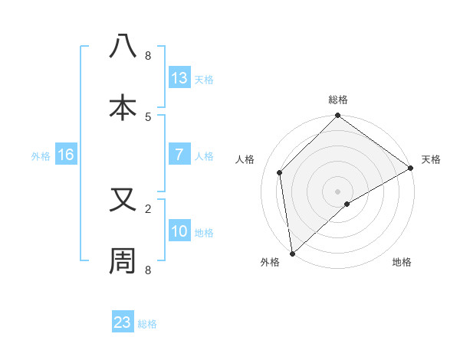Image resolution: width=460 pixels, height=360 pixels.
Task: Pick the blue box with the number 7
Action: (179, 155)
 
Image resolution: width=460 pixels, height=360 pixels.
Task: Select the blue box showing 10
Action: (179, 231)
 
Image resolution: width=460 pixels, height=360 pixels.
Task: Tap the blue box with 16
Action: (65, 155)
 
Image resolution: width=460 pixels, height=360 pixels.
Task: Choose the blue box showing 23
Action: (122, 322)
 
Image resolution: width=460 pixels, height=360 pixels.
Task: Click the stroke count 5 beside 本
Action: (148, 116)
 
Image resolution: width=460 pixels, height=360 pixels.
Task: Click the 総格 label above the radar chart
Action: (338, 100)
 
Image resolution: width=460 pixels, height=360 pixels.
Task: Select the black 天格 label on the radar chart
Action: (432, 159)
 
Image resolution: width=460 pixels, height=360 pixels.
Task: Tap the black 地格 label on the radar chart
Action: (402, 262)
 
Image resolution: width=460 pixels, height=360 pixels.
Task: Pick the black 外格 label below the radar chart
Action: (269, 262)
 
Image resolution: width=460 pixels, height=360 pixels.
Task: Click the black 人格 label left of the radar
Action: (245, 159)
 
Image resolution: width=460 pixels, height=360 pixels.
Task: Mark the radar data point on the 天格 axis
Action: (411, 168)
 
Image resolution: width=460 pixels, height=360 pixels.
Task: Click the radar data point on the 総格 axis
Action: (338, 116)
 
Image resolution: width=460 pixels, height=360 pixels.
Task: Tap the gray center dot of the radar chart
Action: (338, 191)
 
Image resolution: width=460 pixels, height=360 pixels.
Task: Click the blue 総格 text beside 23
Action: (147, 324)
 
